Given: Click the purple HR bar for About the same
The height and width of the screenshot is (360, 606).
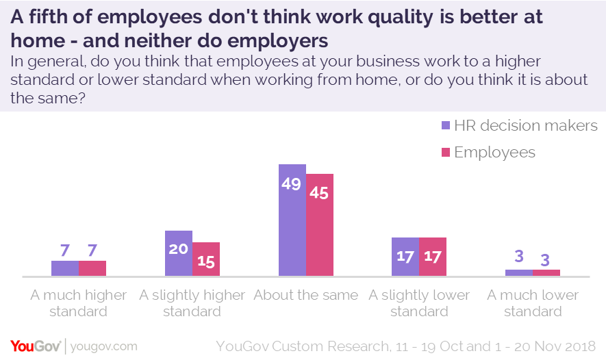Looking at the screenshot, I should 292,226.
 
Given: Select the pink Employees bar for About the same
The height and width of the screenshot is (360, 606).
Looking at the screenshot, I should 319,229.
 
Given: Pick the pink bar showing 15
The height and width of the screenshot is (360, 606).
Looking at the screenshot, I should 206,263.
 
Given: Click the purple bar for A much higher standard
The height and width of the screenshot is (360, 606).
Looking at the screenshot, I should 65,268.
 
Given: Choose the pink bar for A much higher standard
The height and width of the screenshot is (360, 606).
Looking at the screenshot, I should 92,268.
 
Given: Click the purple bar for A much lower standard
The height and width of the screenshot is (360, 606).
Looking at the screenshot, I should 519,272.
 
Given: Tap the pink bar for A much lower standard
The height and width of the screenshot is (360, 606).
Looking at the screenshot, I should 546,272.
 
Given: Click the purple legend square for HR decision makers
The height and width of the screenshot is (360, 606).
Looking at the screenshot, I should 445,126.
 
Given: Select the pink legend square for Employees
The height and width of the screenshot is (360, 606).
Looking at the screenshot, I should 445,152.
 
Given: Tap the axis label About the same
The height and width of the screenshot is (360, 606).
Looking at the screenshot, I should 305,296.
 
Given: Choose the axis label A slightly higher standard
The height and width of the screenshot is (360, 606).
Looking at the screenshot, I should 192,303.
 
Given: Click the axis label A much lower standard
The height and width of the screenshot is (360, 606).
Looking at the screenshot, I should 533,303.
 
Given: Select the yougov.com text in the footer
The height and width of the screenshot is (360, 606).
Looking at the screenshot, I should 104,346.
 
